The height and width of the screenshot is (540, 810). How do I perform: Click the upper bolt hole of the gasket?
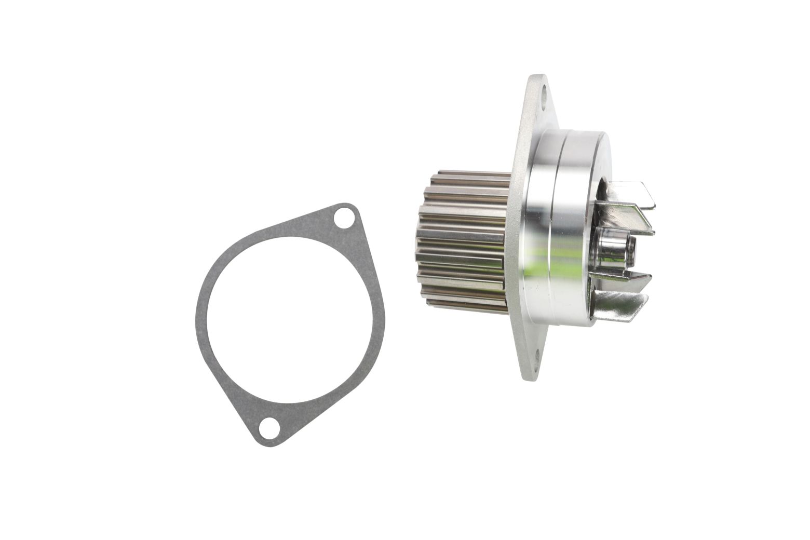[x=343, y=219]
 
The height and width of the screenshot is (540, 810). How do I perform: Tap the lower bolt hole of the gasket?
[x=268, y=428]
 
